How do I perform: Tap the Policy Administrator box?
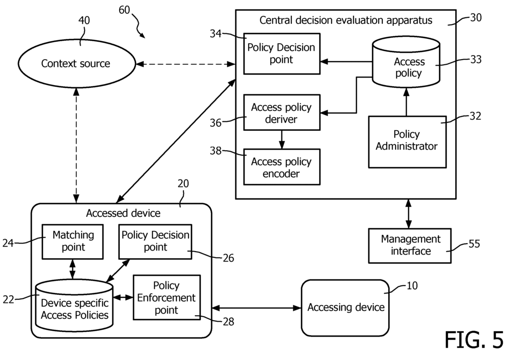[x=407, y=141]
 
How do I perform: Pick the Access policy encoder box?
[x=281, y=167]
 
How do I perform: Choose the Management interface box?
[x=410, y=245]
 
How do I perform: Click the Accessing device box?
[x=345, y=307]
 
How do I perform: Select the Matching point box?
[x=73, y=241]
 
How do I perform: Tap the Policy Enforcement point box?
[x=166, y=297]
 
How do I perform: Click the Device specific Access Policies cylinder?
[x=75, y=306]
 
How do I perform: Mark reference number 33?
[x=476, y=59]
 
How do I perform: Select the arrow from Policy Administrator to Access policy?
[x=406, y=102]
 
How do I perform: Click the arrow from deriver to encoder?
[x=281, y=140]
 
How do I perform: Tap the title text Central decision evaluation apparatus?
[x=346, y=20]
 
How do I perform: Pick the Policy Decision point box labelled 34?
[x=281, y=54]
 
